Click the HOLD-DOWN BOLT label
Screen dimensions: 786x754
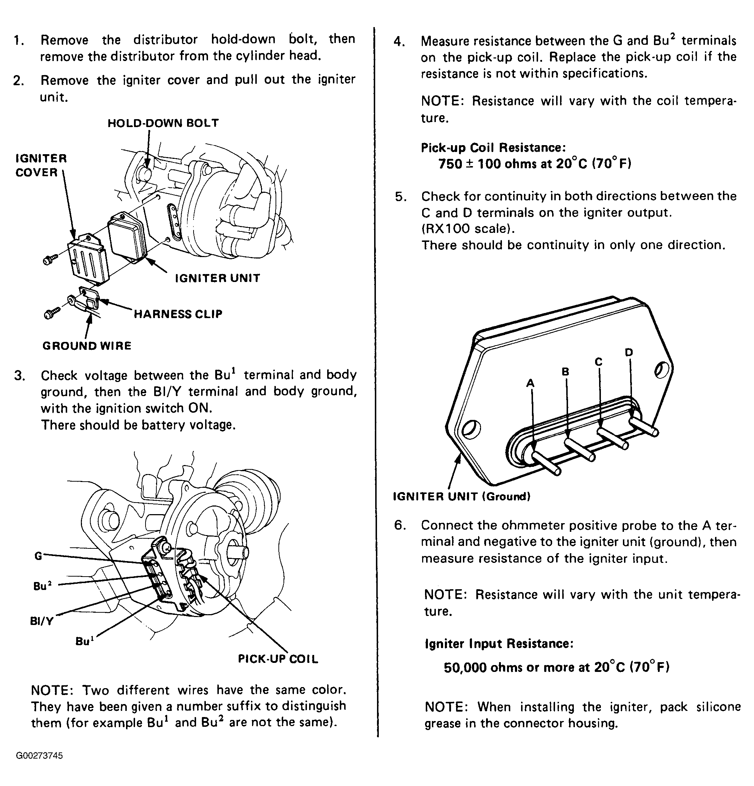click(163, 123)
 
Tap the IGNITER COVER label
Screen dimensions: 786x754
click(40, 165)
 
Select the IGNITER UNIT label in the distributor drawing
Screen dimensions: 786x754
click(217, 278)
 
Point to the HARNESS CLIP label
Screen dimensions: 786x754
click(178, 314)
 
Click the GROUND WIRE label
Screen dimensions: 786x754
click(87, 346)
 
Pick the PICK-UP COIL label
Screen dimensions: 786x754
click(278, 659)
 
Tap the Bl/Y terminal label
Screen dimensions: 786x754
click(42, 621)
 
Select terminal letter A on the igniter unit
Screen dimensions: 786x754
click(530, 383)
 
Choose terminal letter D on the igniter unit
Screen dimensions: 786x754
click(629, 352)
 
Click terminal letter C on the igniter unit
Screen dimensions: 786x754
click(598, 362)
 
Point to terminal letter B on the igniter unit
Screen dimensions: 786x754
click(565, 372)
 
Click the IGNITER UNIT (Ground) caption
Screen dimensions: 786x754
click(461, 496)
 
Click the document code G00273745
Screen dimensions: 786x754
click(39, 756)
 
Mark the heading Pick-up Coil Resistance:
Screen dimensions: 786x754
click(493, 148)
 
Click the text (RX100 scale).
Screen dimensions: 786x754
click(468, 229)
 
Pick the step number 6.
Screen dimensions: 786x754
click(399, 525)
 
